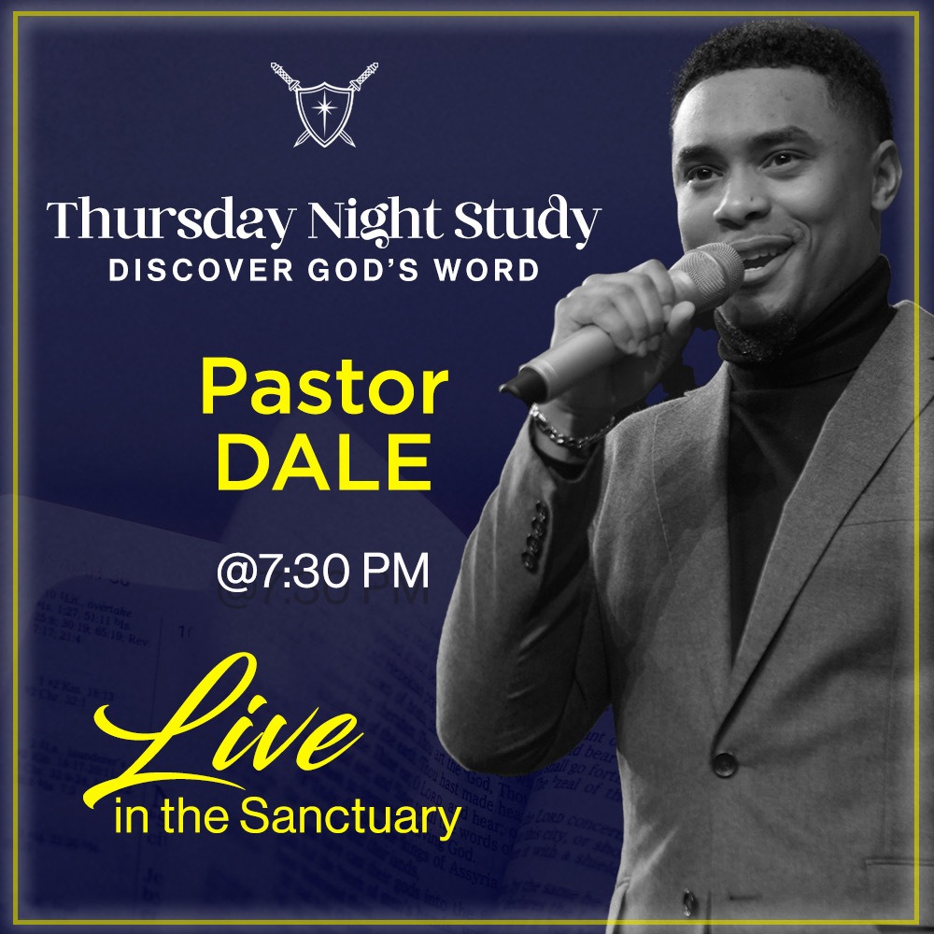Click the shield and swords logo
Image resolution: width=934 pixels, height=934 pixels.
pos(324,104)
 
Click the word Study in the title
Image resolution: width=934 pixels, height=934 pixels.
pos(539,223)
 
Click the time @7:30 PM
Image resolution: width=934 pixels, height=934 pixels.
pos(323,572)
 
